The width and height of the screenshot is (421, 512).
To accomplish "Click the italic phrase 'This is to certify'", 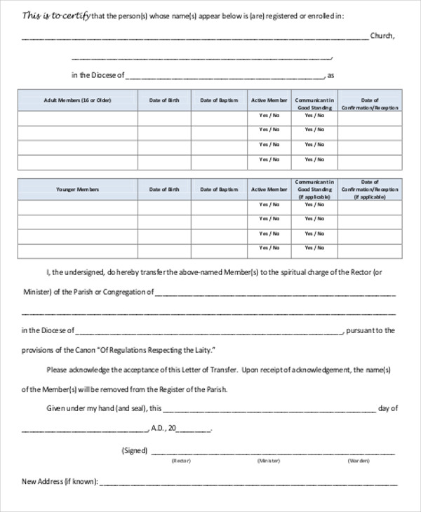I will (47, 15).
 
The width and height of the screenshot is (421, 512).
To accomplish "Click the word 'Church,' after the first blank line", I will (383, 35).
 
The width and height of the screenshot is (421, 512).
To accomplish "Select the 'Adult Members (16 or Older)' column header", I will (77, 100).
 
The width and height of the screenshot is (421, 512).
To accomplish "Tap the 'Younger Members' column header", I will (77, 189).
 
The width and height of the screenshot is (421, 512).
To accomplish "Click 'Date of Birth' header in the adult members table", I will (164, 100).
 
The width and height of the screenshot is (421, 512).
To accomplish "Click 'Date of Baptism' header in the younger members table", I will (219, 189).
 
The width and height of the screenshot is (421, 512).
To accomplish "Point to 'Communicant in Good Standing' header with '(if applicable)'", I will (313, 189).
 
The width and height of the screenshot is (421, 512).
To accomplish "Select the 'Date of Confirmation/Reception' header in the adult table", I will (370, 104).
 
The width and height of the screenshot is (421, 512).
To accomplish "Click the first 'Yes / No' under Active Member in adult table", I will (269, 115).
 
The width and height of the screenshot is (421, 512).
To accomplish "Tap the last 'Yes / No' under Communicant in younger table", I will (313, 248).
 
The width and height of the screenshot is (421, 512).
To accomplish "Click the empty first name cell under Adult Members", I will (77, 118).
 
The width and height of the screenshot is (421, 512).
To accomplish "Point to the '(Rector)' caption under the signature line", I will (183, 462).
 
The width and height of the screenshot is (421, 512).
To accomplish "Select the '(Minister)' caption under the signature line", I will (268, 462).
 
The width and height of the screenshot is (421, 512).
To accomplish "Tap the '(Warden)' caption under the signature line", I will (358, 462).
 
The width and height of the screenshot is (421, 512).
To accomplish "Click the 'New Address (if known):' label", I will (60, 482).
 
